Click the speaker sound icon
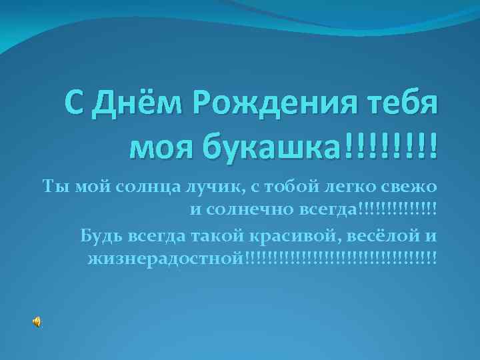click(37, 322)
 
